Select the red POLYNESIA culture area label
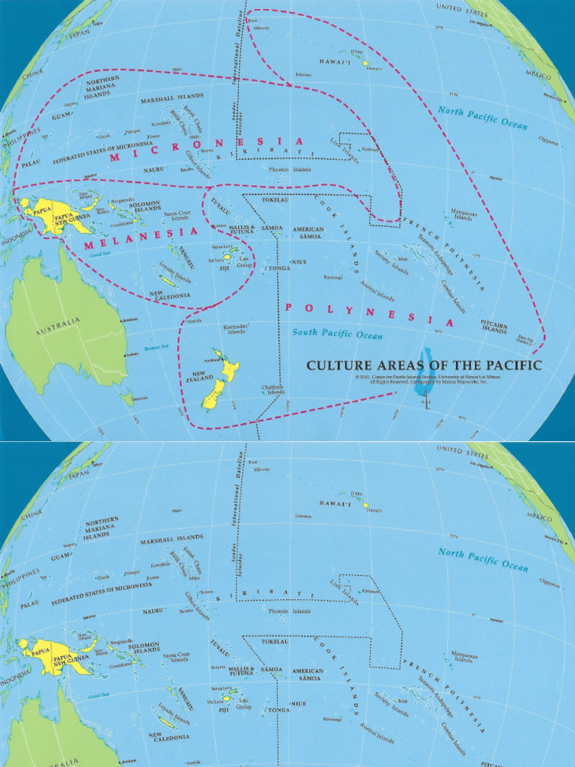359,313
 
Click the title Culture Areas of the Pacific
423,366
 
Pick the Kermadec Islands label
234,330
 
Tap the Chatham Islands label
273,389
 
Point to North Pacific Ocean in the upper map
482,118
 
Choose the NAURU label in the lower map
153,611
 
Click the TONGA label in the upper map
279,267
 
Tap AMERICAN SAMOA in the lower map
308,673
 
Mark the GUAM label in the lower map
61,557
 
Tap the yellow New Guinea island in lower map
56,655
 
